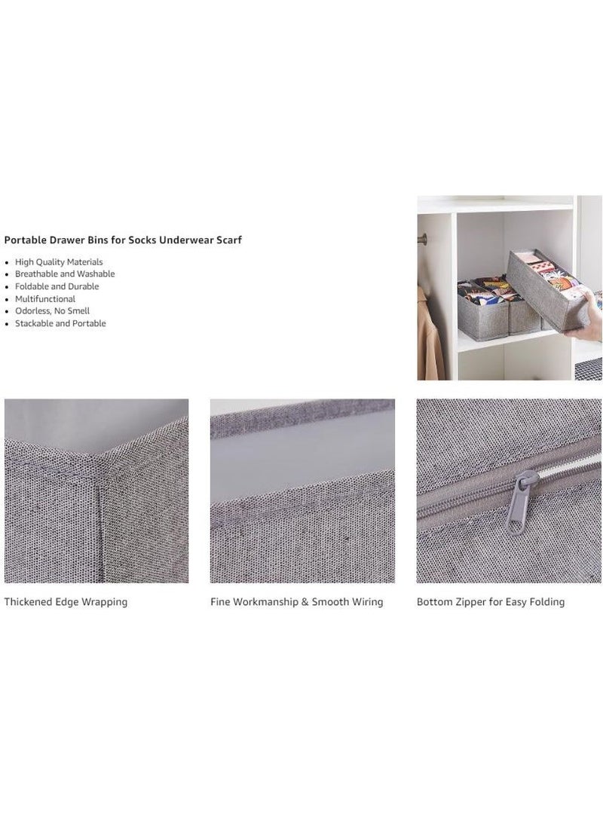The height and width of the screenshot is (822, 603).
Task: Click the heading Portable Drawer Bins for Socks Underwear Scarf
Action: [123, 240]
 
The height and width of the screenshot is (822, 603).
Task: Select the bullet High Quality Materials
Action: [59, 262]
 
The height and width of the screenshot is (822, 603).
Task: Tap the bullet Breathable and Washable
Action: [65, 273]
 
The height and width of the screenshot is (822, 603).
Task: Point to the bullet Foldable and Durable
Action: [57, 286]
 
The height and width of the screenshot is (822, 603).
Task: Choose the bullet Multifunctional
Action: [45, 299]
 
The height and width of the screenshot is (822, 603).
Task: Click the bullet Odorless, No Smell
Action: [53, 311]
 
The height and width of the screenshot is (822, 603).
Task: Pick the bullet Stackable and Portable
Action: [60, 323]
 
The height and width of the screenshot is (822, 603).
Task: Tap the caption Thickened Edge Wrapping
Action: [66, 602]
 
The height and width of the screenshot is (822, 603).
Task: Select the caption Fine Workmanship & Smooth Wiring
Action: [297, 602]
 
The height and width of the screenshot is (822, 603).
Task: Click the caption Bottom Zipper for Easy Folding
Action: [491, 602]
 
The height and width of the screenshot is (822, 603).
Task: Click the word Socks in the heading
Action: [142, 240]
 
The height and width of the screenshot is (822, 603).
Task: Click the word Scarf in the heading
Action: [228, 240]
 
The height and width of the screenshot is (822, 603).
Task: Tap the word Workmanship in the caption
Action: [265, 602]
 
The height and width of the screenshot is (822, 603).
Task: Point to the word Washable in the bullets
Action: [96, 273]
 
